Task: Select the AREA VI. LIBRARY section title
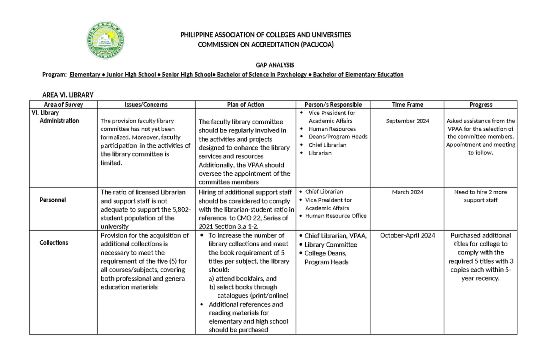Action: click(x=67, y=95)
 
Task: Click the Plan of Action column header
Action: click(x=246, y=105)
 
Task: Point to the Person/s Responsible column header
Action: click(x=336, y=105)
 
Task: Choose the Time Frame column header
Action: click(x=407, y=105)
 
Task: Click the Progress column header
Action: click(x=481, y=105)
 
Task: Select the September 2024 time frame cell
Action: click(x=407, y=121)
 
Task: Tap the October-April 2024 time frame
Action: click(x=407, y=236)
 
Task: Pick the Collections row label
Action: click(x=54, y=243)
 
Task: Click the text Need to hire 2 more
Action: click(x=480, y=192)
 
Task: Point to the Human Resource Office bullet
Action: click(x=335, y=216)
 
